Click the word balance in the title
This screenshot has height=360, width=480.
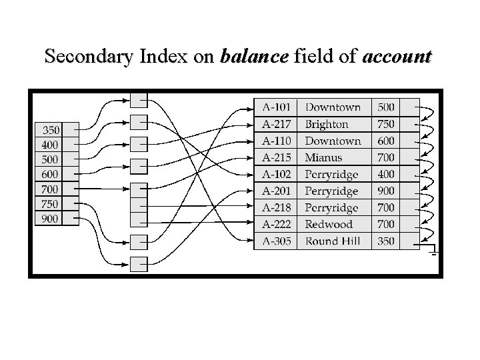254,56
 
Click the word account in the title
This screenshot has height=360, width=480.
397,56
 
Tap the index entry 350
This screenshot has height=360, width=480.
51,129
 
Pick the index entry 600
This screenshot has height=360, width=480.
51,174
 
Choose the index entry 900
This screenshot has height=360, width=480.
51,219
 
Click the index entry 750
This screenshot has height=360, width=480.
51,204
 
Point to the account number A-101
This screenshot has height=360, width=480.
277,107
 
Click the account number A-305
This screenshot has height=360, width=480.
277,241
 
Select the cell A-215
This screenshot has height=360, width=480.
277,157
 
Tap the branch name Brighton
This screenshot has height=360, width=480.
327,124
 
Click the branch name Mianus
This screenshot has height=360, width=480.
323,157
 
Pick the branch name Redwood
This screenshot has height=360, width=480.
329,224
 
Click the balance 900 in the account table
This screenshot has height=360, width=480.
386,191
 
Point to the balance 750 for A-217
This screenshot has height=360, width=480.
386,124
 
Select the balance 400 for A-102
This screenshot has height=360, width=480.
386,174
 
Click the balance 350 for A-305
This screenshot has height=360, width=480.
386,241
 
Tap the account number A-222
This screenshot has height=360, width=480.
277,224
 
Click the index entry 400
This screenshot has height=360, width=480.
51,145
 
